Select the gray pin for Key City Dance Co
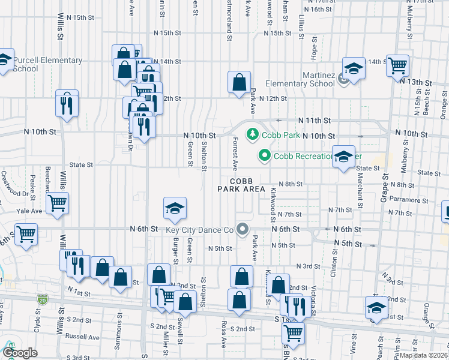point(243,229)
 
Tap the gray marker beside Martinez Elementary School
point(344,78)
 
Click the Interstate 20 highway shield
point(42,298)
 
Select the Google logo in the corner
point(20,353)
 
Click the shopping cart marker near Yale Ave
point(57,203)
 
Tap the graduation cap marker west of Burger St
point(175,208)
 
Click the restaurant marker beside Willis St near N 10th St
point(67,104)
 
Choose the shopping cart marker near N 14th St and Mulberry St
point(397,65)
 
